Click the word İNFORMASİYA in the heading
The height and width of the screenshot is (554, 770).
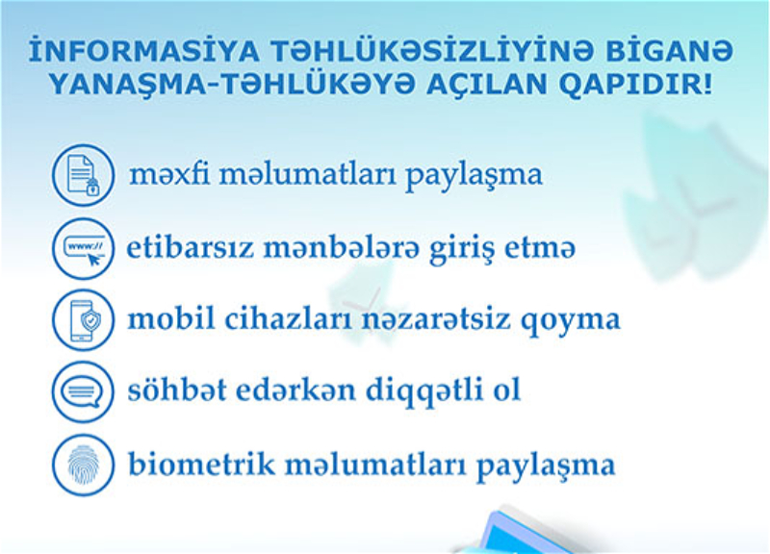click(x=143, y=50)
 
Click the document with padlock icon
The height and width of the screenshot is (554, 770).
click(x=83, y=175)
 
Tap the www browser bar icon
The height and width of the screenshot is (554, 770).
click(x=83, y=249)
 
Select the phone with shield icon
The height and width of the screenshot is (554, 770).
click(x=83, y=320)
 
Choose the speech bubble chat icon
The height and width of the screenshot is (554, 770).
click(x=83, y=392)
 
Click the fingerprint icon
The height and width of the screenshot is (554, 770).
click(x=83, y=465)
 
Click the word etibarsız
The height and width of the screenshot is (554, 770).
click(x=191, y=247)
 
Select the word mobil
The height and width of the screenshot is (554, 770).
click(x=171, y=318)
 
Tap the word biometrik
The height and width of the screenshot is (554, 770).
click(x=201, y=464)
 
